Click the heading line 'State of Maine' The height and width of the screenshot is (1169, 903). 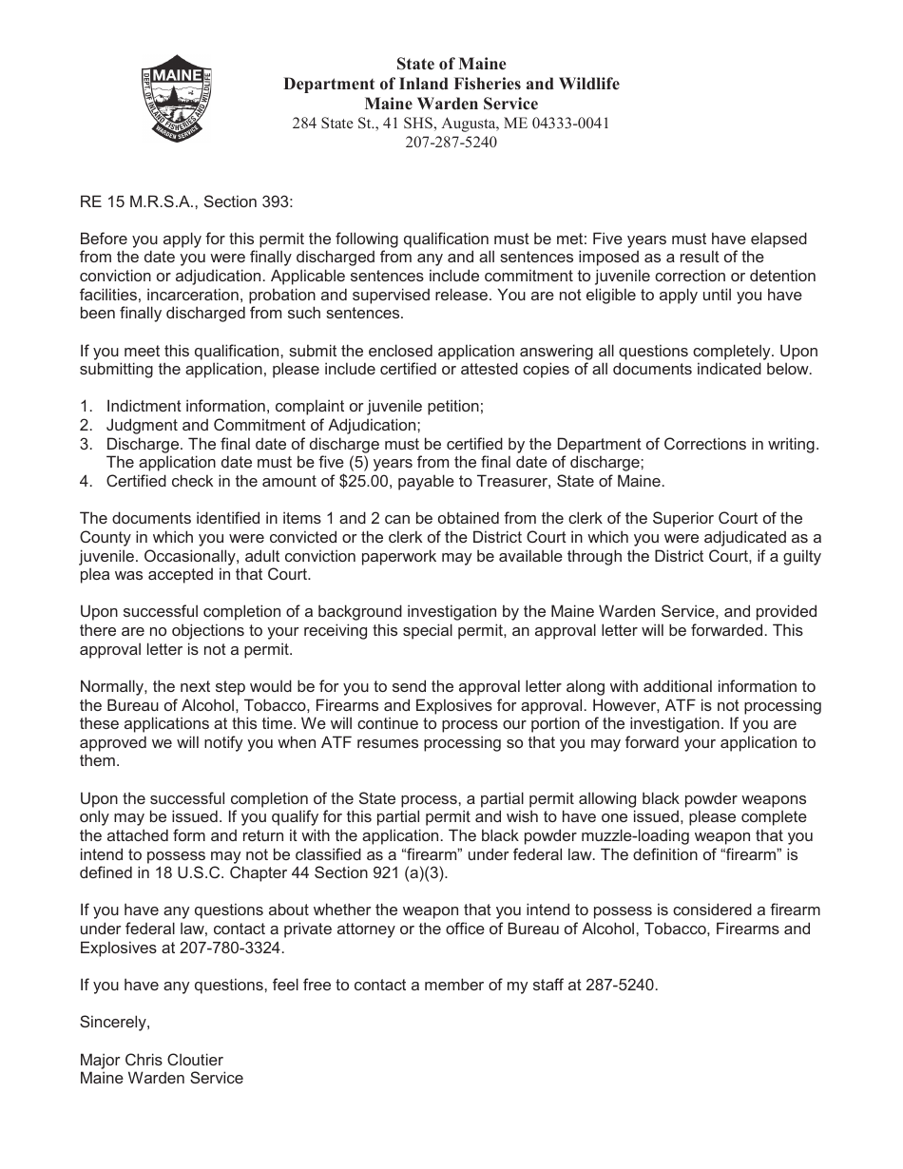point(451,65)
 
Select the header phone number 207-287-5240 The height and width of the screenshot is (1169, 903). point(451,143)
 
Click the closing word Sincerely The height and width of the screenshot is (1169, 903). point(115,1023)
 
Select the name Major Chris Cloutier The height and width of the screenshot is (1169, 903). point(151,1060)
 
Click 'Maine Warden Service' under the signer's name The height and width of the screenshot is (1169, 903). point(162,1078)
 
